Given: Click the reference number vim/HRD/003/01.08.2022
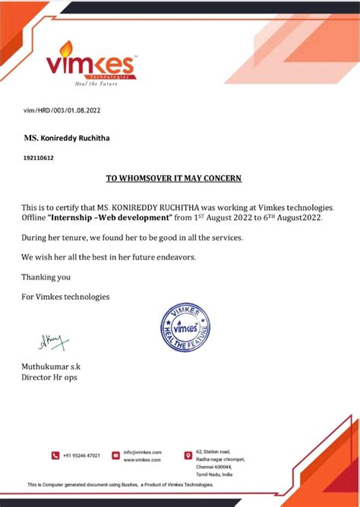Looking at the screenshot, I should (62, 111).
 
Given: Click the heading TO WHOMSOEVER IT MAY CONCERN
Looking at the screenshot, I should (173, 178).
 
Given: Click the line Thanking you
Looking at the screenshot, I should (46, 277).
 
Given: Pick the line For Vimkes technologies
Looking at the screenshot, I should (65, 297).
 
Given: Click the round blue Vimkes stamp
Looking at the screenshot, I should (185, 327).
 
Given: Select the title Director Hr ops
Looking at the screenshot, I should (49, 377).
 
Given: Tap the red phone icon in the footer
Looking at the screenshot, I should (55, 455).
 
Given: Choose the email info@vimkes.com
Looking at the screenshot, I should (143, 452).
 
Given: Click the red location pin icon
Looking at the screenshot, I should (188, 455).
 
